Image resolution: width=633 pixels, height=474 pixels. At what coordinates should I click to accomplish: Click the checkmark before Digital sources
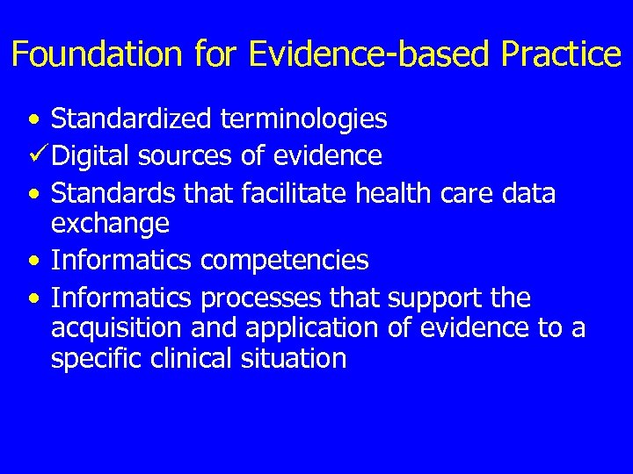tap(38, 155)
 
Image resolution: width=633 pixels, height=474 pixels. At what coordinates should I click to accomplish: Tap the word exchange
tap(110, 225)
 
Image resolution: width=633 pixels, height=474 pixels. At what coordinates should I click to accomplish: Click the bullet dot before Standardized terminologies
tap(33, 118)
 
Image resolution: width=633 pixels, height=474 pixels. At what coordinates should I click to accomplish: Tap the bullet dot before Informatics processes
tap(33, 299)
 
